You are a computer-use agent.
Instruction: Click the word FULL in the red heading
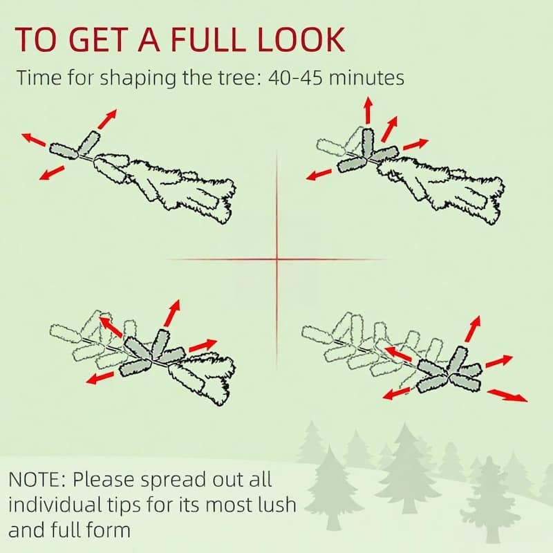point(208,39)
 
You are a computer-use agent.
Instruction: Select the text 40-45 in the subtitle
point(295,78)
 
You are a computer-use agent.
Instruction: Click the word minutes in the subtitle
point(366,77)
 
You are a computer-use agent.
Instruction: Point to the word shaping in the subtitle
point(138,79)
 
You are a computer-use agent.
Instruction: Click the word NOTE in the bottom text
point(36,480)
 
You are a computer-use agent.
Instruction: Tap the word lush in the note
point(280,505)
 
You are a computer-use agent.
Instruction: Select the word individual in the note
point(52,505)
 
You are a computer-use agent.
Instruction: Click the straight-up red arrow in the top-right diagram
point(368,111)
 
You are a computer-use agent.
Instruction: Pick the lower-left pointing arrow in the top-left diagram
point(51,174)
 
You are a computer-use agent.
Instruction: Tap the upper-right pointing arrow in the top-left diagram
point(107,119)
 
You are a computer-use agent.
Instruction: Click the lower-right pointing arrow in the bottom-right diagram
point(507,395)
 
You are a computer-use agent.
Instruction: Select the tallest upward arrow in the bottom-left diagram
point(172,313)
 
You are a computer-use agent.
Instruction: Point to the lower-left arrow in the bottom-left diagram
point(100,377)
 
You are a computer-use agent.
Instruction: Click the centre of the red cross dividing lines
point(277,260)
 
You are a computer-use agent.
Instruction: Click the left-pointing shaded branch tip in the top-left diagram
point(64,151)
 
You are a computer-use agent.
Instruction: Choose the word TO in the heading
point(36,39)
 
